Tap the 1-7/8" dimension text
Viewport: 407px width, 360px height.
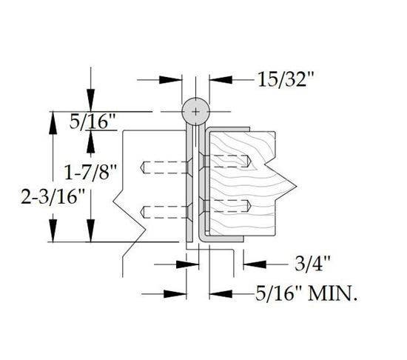pos(90,173)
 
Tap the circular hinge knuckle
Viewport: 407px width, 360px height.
pos(195,111)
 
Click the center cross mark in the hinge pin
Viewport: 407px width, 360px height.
pos(195,111)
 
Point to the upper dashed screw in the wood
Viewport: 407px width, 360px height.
pos(226,160)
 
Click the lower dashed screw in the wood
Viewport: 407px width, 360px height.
pos(226,205)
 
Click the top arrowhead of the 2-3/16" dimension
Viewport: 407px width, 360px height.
pos(54,119)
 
